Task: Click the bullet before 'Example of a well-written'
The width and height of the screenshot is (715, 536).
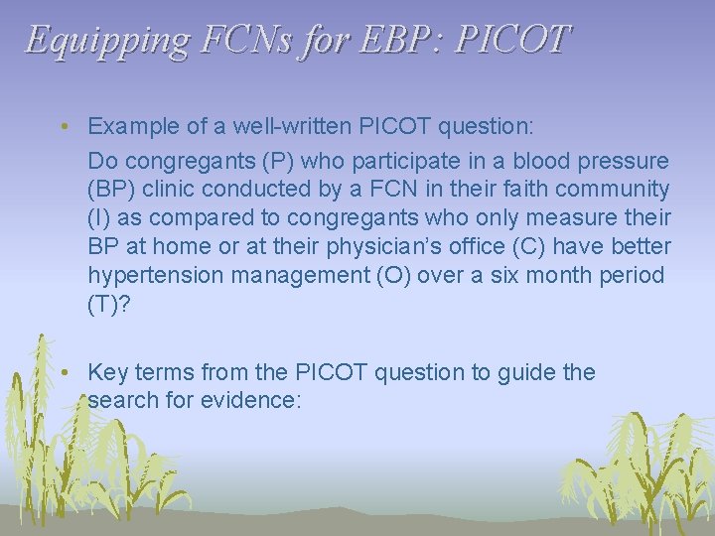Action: (x=63, y=127)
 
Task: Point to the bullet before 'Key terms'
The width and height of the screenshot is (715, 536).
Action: (x=63, y=373)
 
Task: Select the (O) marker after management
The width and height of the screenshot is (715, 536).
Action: (x=389, y=275)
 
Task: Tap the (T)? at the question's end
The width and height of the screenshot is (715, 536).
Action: (x=108, y=304)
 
